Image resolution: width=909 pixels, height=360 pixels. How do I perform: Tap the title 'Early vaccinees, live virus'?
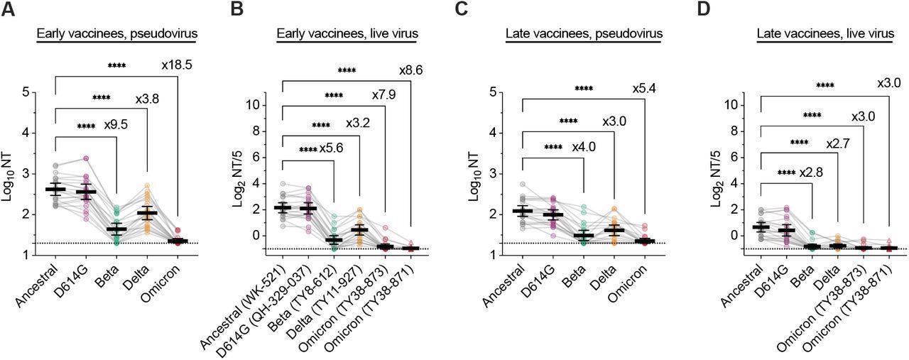[347, 33]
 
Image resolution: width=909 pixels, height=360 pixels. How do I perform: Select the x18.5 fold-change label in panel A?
[177, 65]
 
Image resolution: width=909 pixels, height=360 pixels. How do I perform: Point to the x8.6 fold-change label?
[410, 70]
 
